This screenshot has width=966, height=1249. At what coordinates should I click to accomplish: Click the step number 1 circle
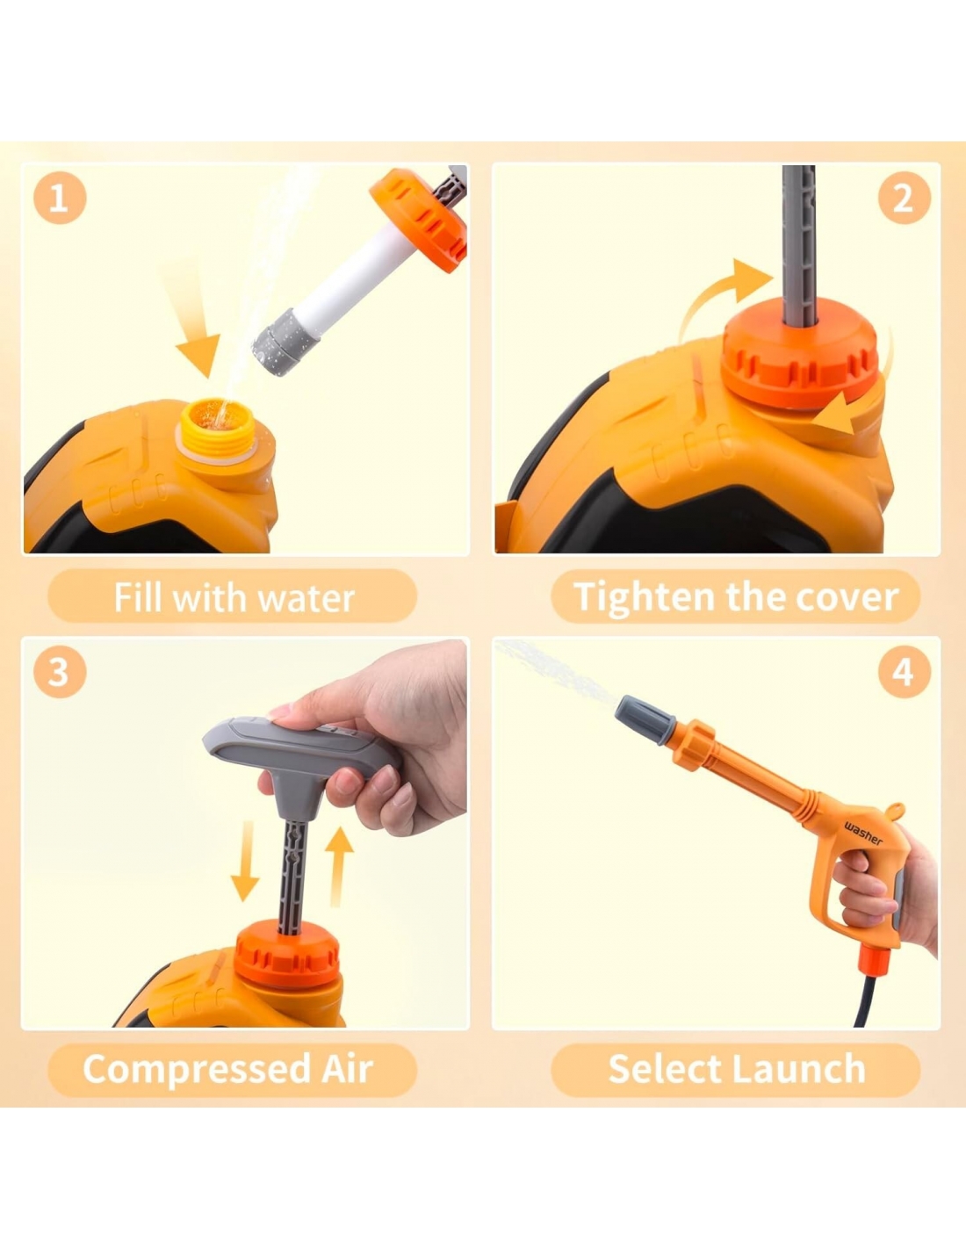point(60,197)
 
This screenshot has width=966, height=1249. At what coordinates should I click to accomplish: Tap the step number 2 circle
point(904,197)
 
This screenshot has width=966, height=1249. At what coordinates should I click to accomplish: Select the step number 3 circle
point(60,671)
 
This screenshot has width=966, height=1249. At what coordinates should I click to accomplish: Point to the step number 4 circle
point(904,671)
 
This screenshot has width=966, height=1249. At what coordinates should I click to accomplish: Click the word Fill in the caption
point(139,597)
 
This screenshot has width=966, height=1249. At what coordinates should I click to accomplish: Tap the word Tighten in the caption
point(645,598)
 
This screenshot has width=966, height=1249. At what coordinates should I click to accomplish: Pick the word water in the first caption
point(306,598)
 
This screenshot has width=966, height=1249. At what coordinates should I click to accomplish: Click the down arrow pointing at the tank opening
point(193,327)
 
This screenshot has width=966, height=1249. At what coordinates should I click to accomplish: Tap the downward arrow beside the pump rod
point(245,861)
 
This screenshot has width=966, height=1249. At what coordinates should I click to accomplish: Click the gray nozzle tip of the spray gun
point(645,713)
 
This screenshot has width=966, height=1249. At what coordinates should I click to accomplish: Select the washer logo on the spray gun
point(863,834)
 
